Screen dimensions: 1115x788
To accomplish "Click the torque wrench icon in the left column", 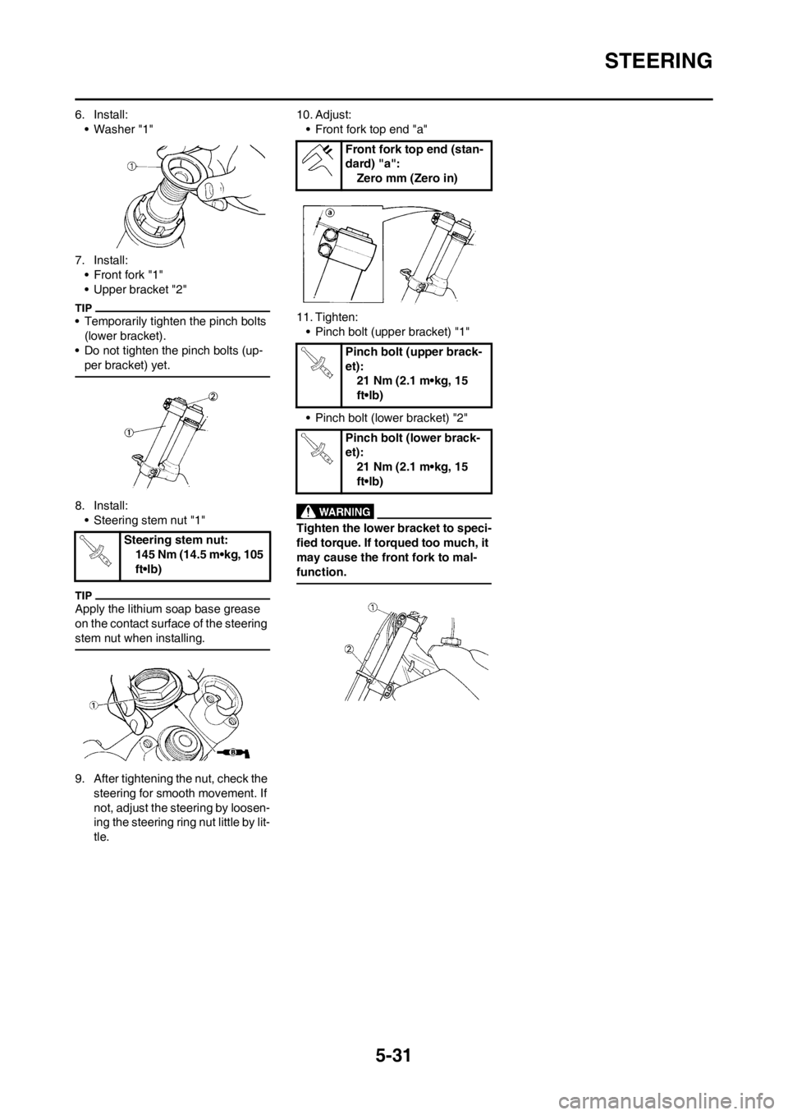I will (x=95, y=551).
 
